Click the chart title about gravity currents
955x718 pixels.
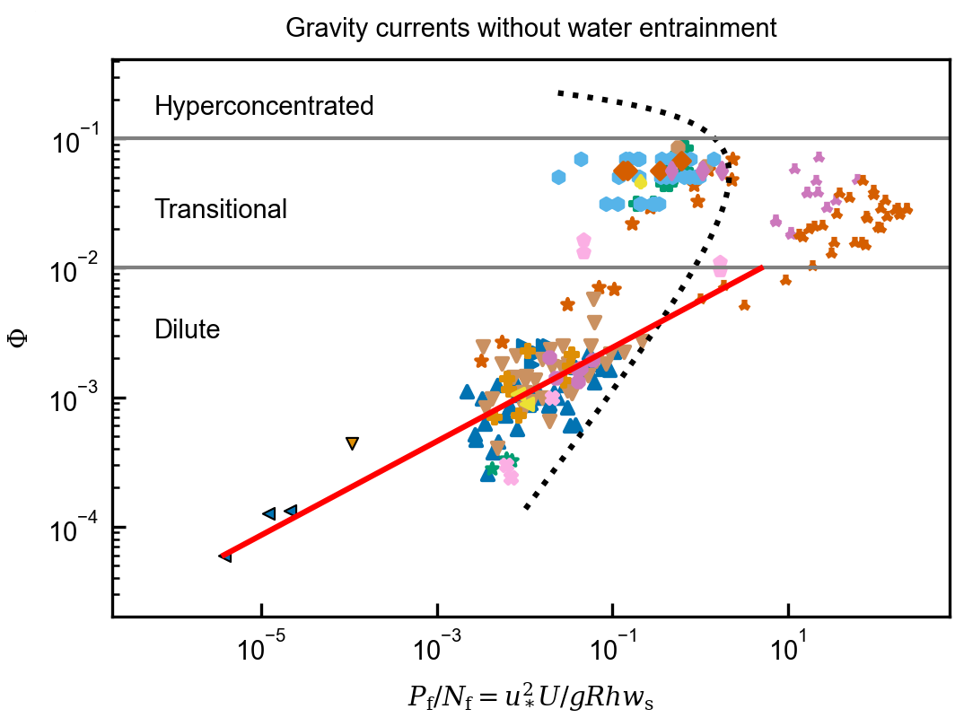pyautogui.click(x=530, y=28)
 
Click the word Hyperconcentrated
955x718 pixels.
pyautogui.click(x=264, y=106)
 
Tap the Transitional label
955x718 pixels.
pyautogui.click(x=221, y=209)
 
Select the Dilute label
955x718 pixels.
pyautogui.click(x=188, y=329)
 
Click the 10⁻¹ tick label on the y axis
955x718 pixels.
pyautogui.click(x=75, y=140)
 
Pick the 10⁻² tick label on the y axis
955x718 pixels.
pyautogui.click(x=75, y=268)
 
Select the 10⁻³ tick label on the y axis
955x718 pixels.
pyautogui.click(x=75, y=398)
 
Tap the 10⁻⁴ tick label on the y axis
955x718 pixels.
pyautogui.click(x=75, y=527)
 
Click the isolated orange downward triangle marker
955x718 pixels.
pyautogui.click(x=352, y=443)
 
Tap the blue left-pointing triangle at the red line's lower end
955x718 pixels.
pyautogui.click(x=225, y=556)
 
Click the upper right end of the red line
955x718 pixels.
pyautogui.click(x=762, y=267)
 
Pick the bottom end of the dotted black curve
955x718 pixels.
pyautogui.click(x=527, y=508)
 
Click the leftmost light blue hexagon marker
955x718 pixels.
pyautogui.click(x=558, y=178)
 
